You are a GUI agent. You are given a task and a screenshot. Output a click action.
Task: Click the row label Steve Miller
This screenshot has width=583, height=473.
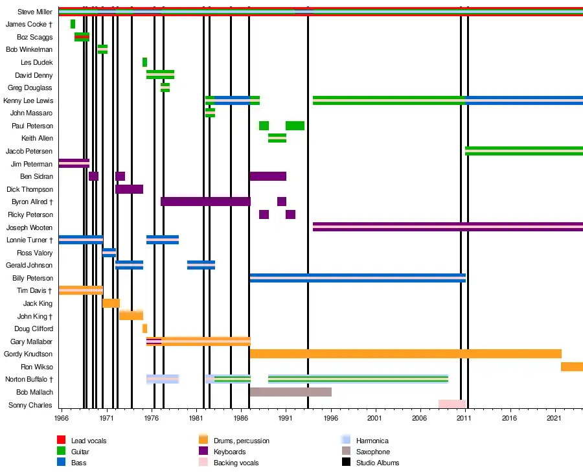[x=36, y=12]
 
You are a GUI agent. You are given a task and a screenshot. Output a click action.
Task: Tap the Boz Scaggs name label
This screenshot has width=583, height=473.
[x=38, y=37]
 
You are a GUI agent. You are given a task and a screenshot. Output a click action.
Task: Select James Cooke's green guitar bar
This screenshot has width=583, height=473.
[x=73, y=24]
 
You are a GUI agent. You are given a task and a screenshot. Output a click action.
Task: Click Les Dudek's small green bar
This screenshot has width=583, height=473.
[x=144, y=62]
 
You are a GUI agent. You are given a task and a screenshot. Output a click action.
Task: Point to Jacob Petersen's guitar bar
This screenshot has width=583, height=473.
[x=523, y=151]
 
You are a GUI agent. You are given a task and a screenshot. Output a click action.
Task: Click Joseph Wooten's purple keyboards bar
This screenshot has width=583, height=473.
[x=447, y=227]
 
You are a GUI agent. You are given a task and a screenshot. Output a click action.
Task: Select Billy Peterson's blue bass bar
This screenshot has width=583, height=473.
[x=357, y=278]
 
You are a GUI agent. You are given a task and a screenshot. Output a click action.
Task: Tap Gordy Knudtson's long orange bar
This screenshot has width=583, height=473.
[x=405, y=354]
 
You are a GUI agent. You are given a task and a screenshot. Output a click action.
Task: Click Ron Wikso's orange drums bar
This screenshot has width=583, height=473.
[x=571, y=367]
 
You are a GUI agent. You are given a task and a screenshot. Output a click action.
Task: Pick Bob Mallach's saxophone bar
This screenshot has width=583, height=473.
[x=290, y=392]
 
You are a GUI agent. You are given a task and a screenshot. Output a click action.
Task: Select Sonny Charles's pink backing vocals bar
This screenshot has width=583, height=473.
[x=452, y=404]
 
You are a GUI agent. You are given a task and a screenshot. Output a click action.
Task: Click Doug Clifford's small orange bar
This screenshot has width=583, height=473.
[x=144, y=329]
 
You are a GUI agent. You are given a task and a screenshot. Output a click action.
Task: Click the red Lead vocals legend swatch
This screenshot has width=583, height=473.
[x=62, y=441]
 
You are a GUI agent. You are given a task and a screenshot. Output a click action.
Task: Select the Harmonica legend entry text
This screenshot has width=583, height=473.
[x=372, y=441]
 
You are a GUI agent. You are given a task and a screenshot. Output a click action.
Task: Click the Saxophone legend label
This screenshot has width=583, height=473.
[x=373, y=452]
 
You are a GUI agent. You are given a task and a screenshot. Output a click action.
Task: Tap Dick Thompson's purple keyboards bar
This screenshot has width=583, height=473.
[x=129, y=189]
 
